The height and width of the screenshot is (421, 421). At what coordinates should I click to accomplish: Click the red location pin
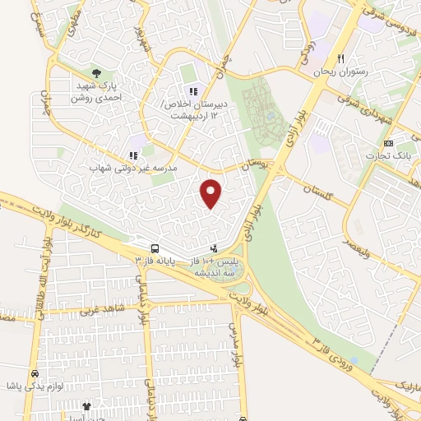point(212,192)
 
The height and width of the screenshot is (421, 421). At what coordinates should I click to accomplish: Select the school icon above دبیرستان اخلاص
point(193,91)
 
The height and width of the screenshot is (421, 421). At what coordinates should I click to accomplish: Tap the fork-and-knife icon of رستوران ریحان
point(340,59)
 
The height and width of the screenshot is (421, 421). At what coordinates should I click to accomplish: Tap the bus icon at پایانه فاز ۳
point(154,248)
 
